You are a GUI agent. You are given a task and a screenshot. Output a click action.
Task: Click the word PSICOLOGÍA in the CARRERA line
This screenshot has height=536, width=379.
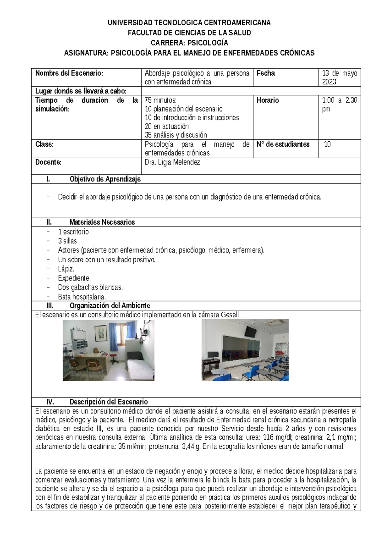[208, 43]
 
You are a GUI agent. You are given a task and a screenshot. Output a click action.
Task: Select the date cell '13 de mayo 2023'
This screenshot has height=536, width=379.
[339, 77]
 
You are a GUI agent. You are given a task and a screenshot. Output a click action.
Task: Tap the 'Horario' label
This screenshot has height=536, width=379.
[268, 100]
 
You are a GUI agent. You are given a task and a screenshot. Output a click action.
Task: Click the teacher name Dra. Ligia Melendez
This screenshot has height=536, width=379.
[172, 162]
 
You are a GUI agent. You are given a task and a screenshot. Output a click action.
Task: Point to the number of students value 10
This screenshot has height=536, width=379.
[328, 144]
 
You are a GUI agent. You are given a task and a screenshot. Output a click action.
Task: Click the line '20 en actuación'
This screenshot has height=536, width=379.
[166, 126]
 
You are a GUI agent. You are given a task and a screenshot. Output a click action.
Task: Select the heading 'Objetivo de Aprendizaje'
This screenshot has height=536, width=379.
[105, 179]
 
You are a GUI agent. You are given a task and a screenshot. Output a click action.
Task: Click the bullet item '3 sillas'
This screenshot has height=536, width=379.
[67, 241]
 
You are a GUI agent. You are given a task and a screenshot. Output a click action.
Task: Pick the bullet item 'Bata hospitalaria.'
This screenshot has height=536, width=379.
[82, 297]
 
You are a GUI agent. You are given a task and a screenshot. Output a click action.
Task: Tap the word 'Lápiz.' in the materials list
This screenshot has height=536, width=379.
[66, 269]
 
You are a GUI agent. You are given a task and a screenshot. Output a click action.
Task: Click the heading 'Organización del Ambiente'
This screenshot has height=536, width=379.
[110, 306]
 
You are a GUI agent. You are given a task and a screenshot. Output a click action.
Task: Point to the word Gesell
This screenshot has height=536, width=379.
[230, 315]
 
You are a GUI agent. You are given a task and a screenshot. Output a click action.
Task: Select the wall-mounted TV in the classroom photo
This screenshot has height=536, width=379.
[251, 331]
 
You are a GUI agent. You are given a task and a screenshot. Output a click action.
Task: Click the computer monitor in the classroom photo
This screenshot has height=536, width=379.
[211, 355]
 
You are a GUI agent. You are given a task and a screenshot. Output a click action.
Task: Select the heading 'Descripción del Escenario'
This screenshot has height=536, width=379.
[108, 402]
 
